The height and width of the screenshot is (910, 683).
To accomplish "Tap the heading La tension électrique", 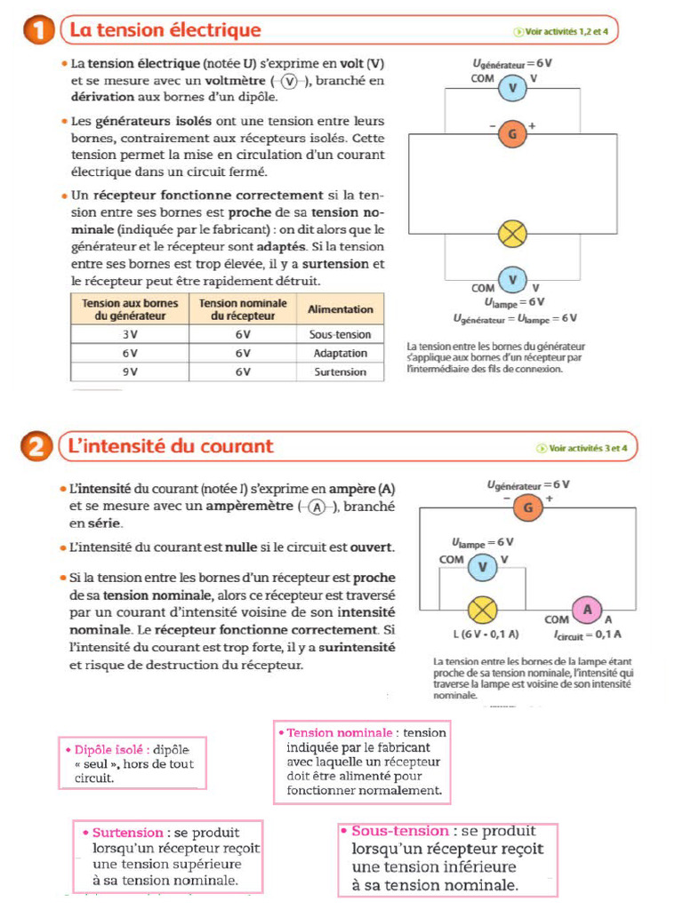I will [165, 30].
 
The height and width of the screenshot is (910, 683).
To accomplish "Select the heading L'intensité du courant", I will [172, 446].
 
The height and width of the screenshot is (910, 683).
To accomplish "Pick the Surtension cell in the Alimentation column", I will [340, 371].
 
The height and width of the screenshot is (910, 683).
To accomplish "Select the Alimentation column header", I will [340, 308].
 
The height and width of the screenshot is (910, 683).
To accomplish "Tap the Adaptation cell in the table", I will [340, 353].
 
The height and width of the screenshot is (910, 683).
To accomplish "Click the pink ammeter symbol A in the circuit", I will [586, 610].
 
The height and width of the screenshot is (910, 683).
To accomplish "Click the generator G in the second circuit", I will [527, 508].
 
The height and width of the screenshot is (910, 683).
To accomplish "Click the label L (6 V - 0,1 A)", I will [486, 635].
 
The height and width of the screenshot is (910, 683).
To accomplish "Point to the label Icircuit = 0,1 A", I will [587, 635].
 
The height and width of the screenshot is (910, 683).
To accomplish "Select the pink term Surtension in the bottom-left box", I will [127, 833].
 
